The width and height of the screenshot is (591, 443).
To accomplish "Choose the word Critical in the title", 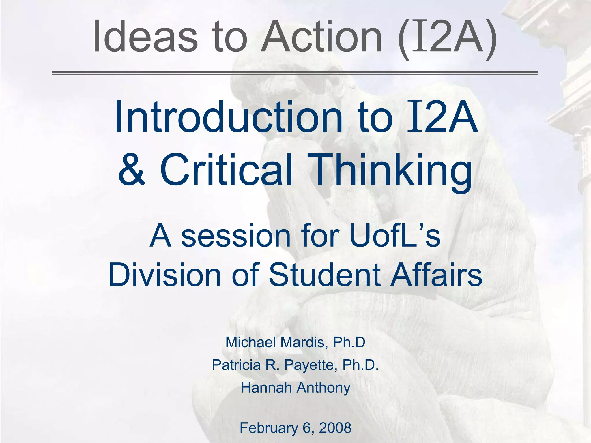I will [x=226, y=170].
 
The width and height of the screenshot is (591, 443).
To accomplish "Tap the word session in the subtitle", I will [x=235, y=236].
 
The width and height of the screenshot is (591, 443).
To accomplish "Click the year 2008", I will [x=335, y=428].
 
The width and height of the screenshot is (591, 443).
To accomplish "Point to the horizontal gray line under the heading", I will [x=295, y=73].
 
